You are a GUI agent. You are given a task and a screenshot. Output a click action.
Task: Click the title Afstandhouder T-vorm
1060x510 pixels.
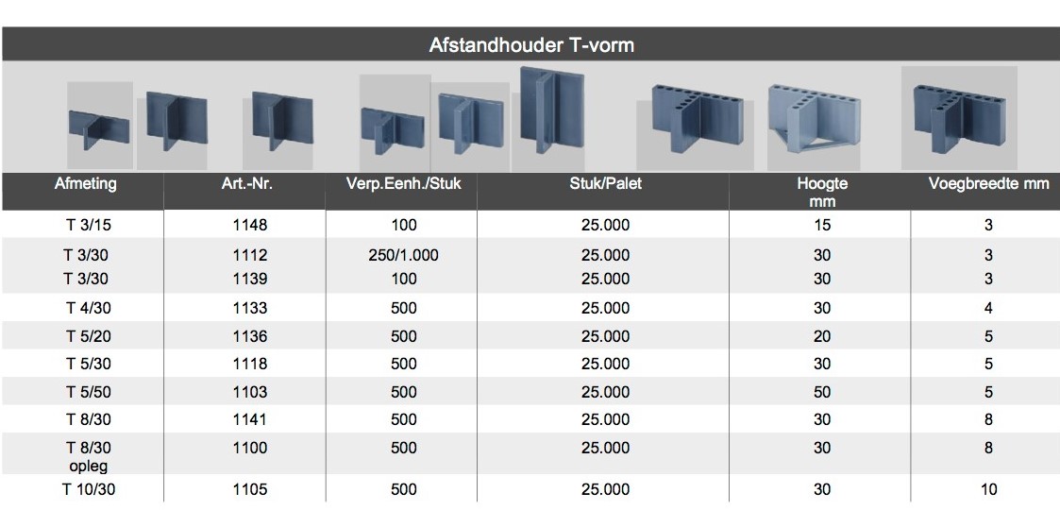click(531, 45)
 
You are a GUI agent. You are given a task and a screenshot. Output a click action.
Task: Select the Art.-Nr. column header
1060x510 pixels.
click(246, 183)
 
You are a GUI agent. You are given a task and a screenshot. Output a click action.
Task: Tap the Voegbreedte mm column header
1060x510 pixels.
click(988, 183)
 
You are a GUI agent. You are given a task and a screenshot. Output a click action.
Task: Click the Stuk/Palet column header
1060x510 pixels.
click(605, 183)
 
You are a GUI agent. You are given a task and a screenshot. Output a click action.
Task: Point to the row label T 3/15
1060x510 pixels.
click(88, 225)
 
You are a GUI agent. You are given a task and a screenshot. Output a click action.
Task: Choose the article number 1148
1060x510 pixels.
click(249, 225)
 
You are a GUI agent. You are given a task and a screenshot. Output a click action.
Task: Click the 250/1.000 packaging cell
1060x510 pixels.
click(404, 255)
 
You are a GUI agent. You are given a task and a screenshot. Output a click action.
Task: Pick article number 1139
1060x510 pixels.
click(249, 279)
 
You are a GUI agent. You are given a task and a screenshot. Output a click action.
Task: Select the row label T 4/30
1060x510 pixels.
click(88, 309)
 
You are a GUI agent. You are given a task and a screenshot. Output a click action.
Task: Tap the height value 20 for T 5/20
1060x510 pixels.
click(822, 337)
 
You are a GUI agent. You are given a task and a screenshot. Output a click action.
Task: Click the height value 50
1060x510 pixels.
click(822, 392)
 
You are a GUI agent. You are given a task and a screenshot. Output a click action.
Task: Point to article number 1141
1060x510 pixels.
click(249, 420)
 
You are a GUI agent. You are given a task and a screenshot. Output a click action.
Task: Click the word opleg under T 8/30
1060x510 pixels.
click(88, 466)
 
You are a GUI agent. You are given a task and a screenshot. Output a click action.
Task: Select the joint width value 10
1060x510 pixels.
click(988, 490)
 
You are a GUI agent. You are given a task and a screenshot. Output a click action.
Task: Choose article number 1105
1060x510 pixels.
click(249, 490)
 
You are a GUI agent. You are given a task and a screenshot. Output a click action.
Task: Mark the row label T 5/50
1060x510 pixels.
click(88, 392)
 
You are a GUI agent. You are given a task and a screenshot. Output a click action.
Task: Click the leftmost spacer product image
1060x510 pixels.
click(99, 126)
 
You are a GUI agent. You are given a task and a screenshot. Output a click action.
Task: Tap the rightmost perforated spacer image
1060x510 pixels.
click(959, 118)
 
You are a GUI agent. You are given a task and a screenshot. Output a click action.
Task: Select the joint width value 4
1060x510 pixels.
click(988, 309)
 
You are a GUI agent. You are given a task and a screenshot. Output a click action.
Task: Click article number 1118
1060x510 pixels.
click(249, 365)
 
